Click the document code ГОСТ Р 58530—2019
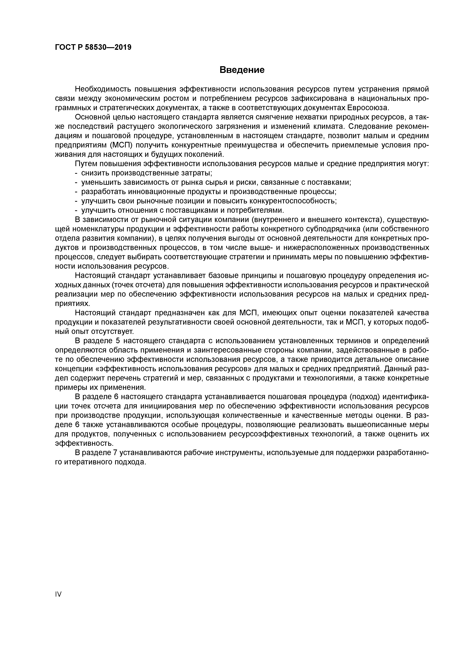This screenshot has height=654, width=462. pos(93,47)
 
